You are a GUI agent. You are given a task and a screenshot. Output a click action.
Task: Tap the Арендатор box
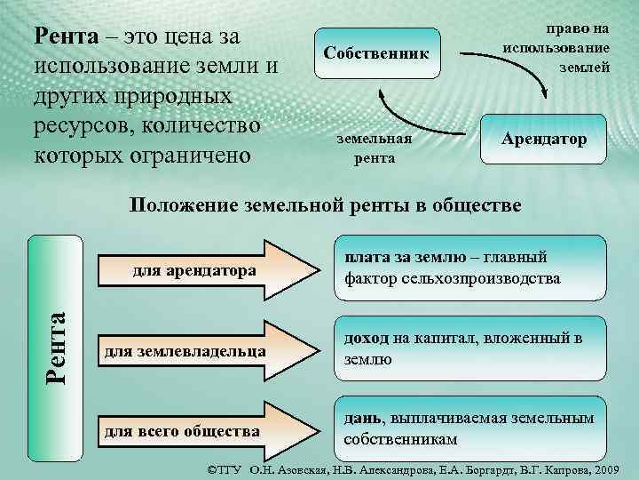543,140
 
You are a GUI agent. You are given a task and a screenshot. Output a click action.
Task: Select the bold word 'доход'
363,339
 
